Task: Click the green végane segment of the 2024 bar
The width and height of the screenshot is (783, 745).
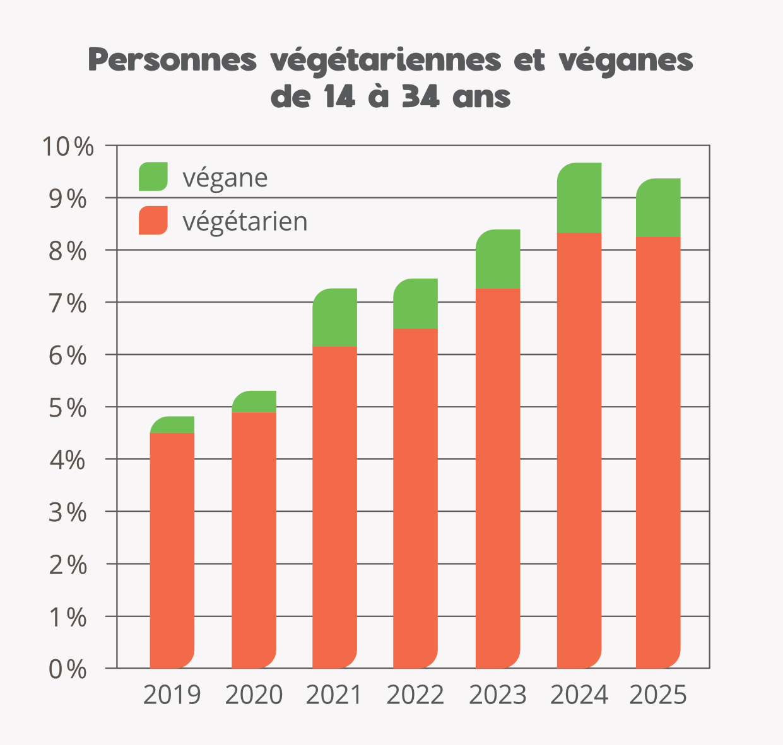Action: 579,198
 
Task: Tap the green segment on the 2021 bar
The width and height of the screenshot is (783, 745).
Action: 335,318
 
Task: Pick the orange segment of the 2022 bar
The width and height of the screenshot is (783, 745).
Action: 416,498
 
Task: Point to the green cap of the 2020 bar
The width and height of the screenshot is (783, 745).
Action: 254,401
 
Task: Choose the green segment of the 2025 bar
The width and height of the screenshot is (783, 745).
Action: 658,208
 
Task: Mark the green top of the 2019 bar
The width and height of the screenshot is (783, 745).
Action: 172,425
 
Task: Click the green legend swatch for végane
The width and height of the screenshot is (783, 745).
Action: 153,176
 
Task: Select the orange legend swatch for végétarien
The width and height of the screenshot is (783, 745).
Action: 153,221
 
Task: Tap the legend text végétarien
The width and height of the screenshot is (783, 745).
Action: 245,221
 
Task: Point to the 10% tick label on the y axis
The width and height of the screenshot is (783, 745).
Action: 68,147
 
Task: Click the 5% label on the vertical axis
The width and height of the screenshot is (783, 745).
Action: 68,408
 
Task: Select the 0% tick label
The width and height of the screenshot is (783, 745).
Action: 68,669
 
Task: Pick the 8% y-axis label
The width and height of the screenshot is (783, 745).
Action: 68,251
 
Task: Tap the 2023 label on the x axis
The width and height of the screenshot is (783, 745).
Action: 498,695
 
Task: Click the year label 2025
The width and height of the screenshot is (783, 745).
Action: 658,695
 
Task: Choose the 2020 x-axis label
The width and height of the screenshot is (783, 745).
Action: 254,695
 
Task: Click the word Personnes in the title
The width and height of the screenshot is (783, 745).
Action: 173,61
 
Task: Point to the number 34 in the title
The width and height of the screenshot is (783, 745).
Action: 421,98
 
